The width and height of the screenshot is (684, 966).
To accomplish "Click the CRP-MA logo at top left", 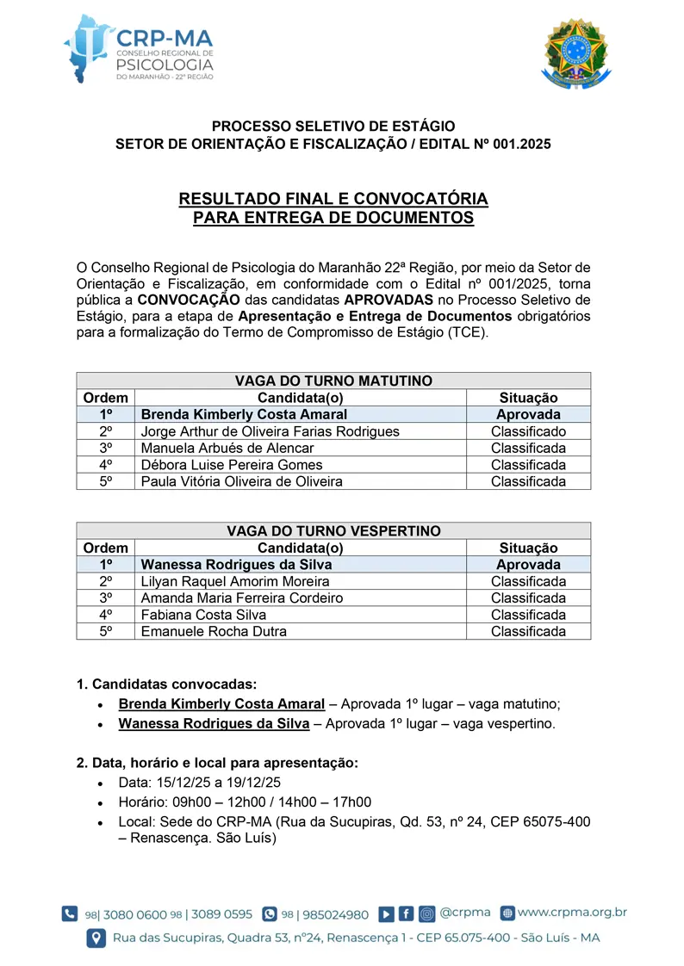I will click(138, 48).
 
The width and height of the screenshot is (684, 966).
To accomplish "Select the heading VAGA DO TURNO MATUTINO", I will click(333, 381).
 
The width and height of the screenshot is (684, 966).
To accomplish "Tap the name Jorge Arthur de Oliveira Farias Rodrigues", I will click(270, 431).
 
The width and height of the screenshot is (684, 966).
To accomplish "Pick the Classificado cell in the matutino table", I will click(528, 431).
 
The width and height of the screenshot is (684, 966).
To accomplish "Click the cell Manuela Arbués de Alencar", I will click(227, 448).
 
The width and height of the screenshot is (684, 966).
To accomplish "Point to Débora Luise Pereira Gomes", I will click(232, 465).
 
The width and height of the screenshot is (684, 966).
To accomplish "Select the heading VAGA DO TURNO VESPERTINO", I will click(333, 531).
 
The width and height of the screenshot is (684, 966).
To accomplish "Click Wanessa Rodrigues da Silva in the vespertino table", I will click(236, 565).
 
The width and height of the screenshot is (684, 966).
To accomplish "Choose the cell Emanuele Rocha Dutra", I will click(214, 631).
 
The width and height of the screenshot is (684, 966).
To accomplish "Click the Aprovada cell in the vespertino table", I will click(528, 565).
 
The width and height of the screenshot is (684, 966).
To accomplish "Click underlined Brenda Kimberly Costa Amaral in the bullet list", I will click(221, 704).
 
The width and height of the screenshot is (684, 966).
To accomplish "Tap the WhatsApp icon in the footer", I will click(270, 914).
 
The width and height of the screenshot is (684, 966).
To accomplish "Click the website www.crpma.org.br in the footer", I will click(572, 913).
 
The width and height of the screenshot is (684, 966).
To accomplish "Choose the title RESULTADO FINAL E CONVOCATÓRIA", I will click(333, 199).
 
